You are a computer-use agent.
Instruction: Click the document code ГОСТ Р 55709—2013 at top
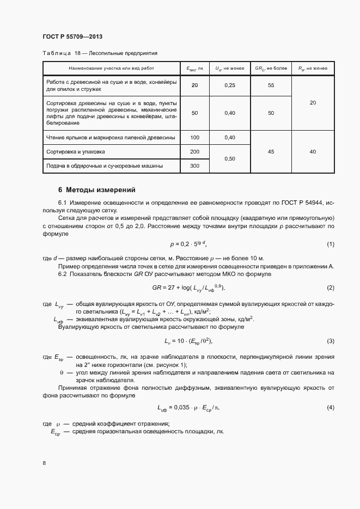[x=72, y=36]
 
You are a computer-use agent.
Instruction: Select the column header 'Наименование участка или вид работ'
[x=111, y=69]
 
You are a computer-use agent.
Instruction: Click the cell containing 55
[x=271, y=85]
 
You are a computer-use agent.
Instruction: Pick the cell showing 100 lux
[x=195, y=138]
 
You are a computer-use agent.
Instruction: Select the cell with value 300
[x=195, y=165]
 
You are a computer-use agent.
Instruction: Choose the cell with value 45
[x=271, y=152]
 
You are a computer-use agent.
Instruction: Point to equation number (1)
[x=330, y=244]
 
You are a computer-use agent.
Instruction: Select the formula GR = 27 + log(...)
[x=188, y=287]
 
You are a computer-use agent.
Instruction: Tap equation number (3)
[x=330, y=341]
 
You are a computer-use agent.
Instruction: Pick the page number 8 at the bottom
[x=44, y=463]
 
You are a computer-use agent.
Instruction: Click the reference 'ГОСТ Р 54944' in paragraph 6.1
[x=305, y=203]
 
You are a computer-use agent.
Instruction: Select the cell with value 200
[x=195, y=151]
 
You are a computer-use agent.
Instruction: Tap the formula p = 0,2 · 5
[x=188, y=244]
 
